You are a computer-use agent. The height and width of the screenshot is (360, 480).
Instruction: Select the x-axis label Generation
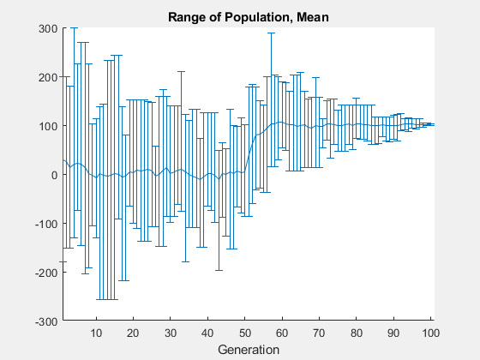click(249, 350)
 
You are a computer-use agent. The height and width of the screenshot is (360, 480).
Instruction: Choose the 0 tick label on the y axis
click(53, 175)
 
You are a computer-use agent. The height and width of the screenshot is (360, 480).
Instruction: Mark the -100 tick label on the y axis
click(45, 224)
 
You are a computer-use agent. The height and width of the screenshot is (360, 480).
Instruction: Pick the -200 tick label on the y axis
click(45, 273)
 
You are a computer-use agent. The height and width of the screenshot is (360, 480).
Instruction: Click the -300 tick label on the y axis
click(45, 321)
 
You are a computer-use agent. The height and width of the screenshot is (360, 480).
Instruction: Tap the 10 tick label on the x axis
click(96, 333)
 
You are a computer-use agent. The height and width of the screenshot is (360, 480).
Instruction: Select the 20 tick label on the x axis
click(133, 333)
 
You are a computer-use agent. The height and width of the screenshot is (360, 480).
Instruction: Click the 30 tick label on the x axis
click(171, 333)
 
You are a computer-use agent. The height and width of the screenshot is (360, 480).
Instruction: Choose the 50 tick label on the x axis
click(245, 333)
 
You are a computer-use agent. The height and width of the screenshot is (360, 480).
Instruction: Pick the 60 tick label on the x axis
click(282, 333)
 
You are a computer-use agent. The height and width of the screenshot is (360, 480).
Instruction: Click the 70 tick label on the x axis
click(320, 333)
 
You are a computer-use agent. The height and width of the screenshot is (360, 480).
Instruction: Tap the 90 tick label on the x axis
click(393, 333)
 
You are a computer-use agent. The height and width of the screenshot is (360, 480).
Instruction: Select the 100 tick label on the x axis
click(429, 333)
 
